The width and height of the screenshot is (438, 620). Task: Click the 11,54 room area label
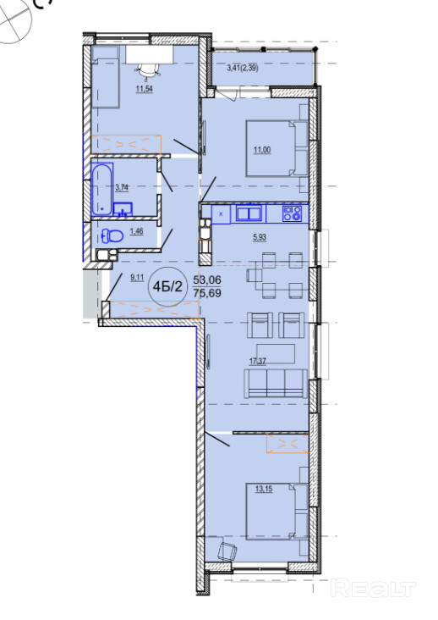(145, 89)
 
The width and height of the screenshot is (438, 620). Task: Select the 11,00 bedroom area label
(262, 150)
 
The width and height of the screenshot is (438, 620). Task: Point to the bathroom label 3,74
(122, 187)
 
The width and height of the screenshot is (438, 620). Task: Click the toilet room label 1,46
(136, 231)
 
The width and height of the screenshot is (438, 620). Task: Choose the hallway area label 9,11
(137, 278)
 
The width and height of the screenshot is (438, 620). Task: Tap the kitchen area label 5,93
(260, 237)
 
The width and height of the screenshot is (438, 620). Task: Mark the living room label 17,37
(257, 361)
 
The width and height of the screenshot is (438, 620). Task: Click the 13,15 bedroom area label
(264, 489)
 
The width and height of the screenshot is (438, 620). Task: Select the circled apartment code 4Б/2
(167, 286)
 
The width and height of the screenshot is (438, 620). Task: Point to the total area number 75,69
(207, 293)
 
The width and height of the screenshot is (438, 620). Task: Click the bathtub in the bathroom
(102, 190)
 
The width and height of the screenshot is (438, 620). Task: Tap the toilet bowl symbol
(112, 236)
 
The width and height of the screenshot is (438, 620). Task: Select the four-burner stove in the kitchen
(292, 213)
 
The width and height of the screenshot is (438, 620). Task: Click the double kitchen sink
(249, 213)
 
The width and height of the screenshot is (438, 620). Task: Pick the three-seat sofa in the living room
(276, 384)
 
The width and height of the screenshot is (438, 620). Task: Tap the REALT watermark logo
(373, 588)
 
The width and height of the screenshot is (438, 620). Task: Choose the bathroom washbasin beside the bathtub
(123, 208)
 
